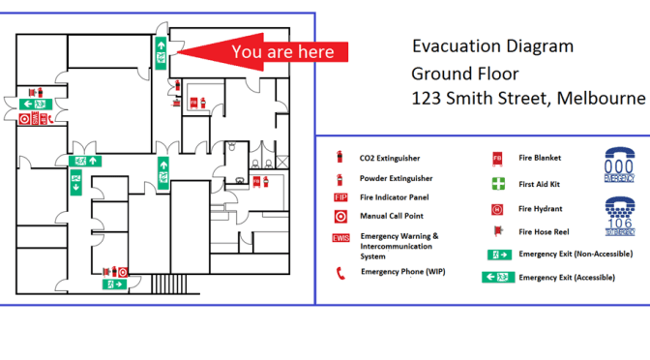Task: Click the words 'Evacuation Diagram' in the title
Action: pyautogui.click(x=492, y=46)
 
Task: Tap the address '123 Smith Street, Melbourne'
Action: pyautogui.click(x=527, y=99)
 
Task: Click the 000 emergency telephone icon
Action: pyautogui.click(x=619, y=165)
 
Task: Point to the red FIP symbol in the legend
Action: pyautogui.click(x=340, y=197)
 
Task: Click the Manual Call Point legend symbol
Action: pyautogui.click(x=340, y=216)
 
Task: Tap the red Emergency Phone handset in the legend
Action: pyautogui.click(x=340, y=273)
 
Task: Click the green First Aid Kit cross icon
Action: pyautogui.click(x=497, y=183)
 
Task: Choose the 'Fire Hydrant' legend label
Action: pyautogui.click(x=540, y=208)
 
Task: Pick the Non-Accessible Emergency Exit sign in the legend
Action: pyautogui.click(x=499, y=255)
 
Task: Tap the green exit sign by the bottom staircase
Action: pyautogui.click(x=117, y=285)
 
